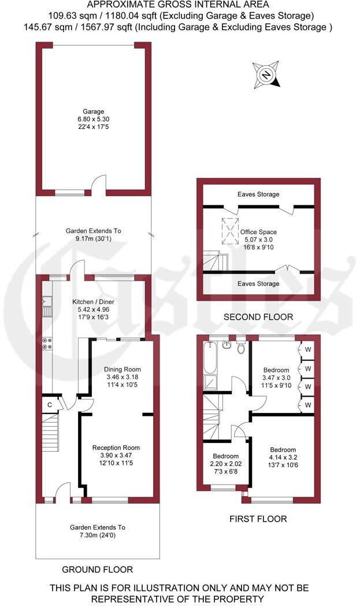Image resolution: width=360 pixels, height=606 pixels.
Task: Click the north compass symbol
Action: [x=266, y=75]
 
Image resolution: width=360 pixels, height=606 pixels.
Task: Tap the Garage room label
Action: [x=93, y=112]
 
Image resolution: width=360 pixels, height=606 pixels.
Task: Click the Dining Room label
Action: [x=122, y=369]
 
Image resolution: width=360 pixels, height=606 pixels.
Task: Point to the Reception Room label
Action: [x=116, y=448]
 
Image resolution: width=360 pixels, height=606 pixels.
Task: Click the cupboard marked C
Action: [x=50, y=404]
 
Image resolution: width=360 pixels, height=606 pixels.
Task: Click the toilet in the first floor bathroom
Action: [x=242, y=348]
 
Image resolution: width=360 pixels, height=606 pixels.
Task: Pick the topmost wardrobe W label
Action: [x=308, y=350]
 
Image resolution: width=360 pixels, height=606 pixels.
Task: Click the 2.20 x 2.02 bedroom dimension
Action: [x=221, y=463]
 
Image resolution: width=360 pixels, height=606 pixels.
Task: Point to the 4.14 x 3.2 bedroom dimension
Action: [x=283, y=457]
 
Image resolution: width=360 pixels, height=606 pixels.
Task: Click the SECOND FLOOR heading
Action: [x=258, y=317]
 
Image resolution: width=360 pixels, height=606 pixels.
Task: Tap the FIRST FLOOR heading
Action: [x=258, y=519]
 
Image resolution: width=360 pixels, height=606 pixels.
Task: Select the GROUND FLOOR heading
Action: [x=97, y=570]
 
